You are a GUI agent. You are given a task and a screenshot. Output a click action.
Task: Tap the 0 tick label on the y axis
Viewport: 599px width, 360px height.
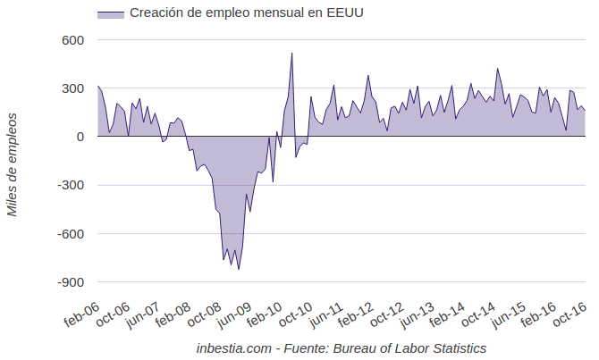pos(80,137)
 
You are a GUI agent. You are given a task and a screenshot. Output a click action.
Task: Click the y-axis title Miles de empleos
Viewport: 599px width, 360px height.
pos(13,163)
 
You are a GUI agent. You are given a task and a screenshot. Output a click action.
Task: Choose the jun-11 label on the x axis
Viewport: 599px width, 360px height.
pos(325,314)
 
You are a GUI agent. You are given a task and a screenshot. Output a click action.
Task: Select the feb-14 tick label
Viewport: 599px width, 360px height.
pos(447,314)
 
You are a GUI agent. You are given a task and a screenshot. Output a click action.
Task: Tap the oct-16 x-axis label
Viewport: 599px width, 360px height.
pos(569,314)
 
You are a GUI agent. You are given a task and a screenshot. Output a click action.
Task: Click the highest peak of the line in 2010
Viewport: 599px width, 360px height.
pos(291,54)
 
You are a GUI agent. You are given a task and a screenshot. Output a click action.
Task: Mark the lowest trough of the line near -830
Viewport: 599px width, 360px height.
pos(239,269)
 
